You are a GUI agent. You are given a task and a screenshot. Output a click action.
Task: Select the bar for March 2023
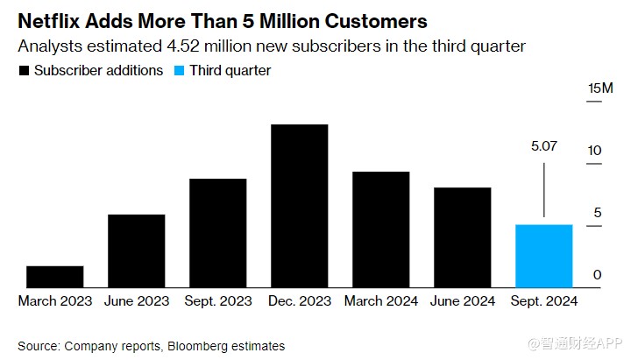[x=55, y=276]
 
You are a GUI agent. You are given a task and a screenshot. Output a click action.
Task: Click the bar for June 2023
[x=136, y=251]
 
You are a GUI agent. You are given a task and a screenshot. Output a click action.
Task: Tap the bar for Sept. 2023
[x=217, y=232]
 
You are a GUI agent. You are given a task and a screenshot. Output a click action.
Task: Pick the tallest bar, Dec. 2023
[x=299, y=206]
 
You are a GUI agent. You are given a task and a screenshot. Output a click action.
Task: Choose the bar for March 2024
[x=380, y=229]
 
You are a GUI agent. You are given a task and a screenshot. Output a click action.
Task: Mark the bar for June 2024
[x=462, y=236]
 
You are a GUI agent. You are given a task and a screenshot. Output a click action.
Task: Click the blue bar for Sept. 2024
[x=543, y=256]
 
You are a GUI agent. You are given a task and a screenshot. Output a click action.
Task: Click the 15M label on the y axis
[x=601, y=88]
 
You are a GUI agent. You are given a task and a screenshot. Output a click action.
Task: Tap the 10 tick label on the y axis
[x=595, y=151]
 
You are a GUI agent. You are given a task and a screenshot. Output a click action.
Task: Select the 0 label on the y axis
[x=597, y=275]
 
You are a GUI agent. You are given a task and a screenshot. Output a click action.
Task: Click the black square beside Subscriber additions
[x=24, y=71]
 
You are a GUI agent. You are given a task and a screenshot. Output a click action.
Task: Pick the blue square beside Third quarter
[x=181, y=71]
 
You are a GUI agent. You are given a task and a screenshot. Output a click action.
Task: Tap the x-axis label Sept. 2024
[x=544, y=300]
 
